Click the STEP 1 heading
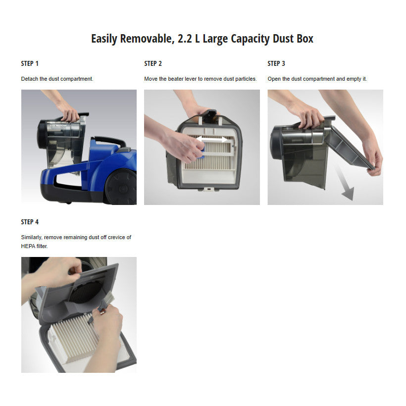pos(30,63)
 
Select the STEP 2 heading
pos(153,63)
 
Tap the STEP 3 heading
pos(276,63)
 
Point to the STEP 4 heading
pos(30,222)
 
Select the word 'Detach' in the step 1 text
pos(30,79)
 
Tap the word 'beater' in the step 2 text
pos(176,79)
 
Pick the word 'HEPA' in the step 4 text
pos(28,246)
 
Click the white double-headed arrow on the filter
pos(212,140)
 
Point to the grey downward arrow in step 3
pos(344,182)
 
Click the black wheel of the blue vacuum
pos(121,187)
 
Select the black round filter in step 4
pos(87,292)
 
